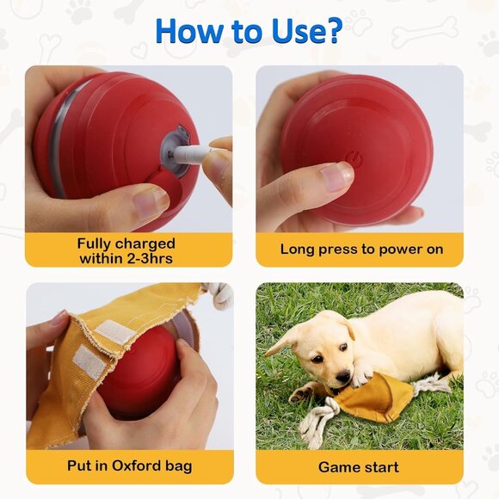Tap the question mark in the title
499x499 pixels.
click(x=333, y=31)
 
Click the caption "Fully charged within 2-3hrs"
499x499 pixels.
click(x=127, y=250)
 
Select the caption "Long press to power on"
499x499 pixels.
click(x=361, y=249)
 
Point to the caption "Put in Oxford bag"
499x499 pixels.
click(x=129, y=466)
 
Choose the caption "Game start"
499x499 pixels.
click(x=359, y=467)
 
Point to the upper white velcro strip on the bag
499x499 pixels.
click(x=114, y=330)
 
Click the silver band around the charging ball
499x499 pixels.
click(x=59, y=138)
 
